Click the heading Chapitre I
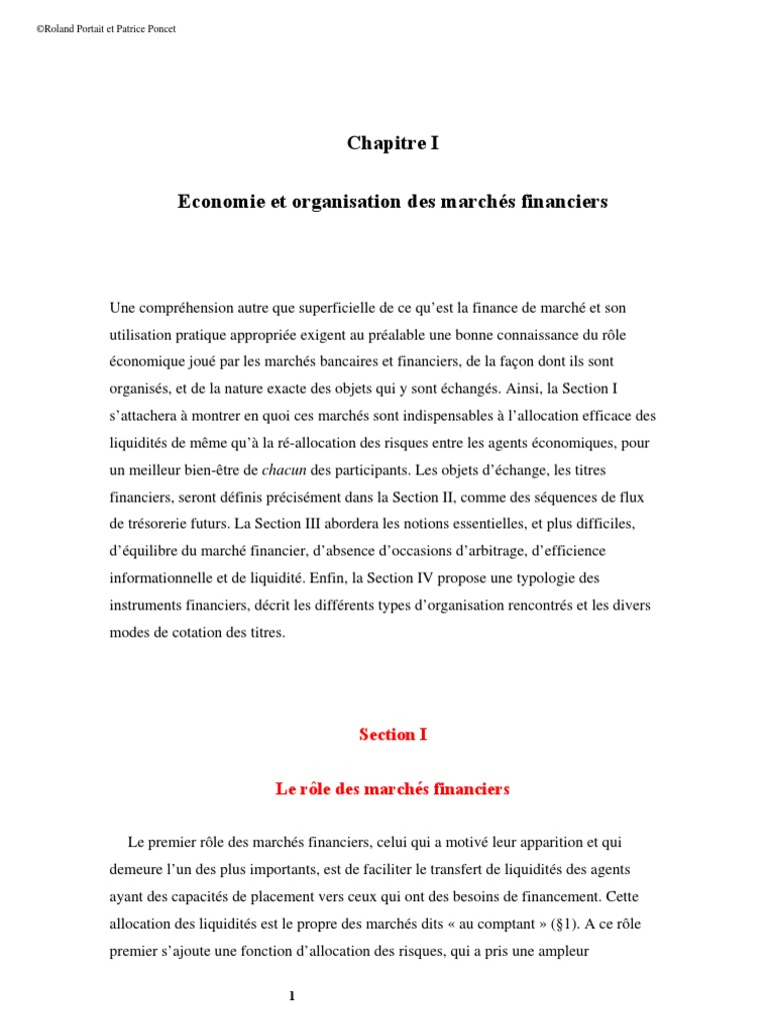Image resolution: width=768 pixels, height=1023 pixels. coord(393,144)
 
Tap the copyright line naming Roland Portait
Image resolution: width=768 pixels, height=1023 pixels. coord(106,29)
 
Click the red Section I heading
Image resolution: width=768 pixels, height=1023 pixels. coord(393,734)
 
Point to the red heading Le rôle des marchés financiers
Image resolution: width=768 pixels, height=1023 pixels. coord(393,789)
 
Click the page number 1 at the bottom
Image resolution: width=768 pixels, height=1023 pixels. coord(292,996)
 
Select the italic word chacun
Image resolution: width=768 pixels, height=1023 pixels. coord(284,470)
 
